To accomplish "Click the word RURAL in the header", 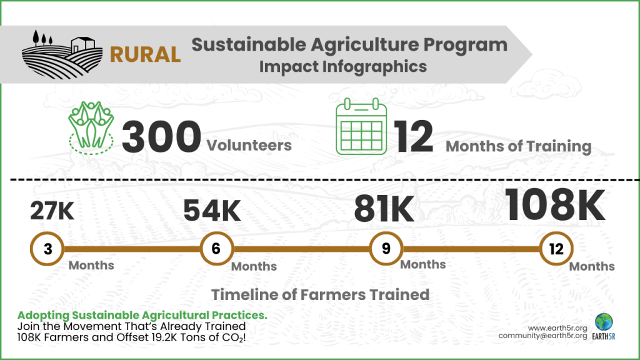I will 146,54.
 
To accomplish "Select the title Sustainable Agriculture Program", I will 349,44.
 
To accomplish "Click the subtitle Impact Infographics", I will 343,66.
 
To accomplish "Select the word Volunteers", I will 249,146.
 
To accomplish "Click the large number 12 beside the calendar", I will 414,137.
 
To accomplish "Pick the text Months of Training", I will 518,147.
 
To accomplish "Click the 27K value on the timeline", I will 52,211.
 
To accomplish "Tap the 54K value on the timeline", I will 212,211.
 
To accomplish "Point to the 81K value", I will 384,210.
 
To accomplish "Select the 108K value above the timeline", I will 555,204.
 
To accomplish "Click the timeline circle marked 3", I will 47,249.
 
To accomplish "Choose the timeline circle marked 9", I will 386,249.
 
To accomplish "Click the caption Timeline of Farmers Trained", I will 320,294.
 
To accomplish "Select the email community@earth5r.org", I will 542,336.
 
